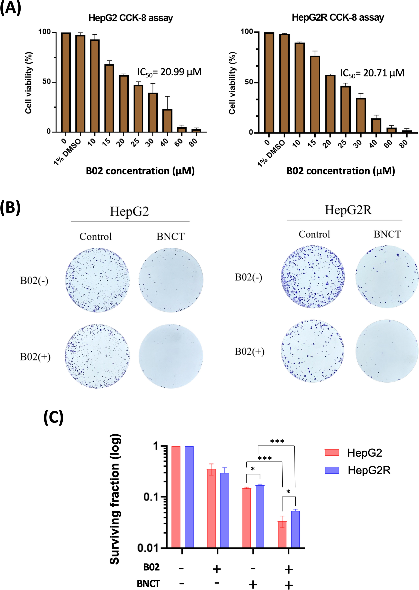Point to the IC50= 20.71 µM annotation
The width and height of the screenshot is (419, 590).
pos(372,73)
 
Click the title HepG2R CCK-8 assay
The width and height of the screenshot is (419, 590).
pos(338,17)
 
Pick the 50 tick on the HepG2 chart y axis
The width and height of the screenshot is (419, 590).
pos(47,82)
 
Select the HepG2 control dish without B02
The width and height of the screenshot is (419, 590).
pos(97,280)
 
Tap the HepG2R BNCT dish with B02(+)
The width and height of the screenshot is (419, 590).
pos(387,351)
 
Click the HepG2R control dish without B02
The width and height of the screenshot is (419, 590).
pos(313,277)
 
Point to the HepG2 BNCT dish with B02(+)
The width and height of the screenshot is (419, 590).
pos(171,356)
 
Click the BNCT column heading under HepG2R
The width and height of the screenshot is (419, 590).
pos(387,234)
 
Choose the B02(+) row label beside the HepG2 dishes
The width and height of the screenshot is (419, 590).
pos(35,357)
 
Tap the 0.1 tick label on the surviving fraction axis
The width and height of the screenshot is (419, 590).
pos(151,497)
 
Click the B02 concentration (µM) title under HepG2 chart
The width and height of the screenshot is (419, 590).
pos(140,171)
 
